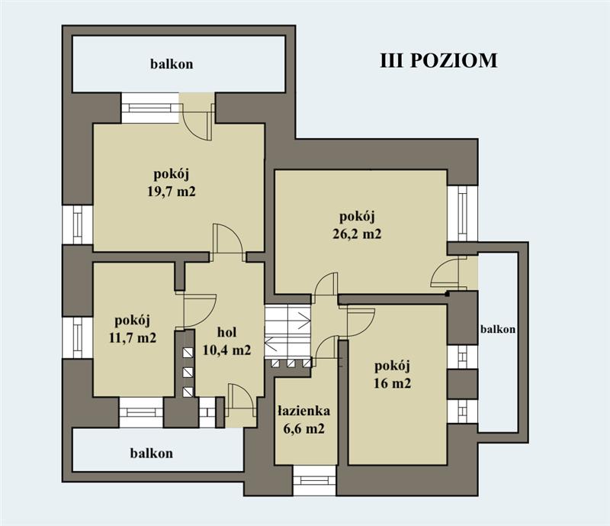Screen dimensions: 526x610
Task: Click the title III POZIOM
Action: [x=438, y=61]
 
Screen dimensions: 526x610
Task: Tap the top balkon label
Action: [x=171, y=64]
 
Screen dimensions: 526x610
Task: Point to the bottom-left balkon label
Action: [x=151, y=453]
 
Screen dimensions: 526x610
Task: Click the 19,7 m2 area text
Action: [x=172, y=192]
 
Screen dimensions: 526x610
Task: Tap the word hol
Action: [x=228, y=333]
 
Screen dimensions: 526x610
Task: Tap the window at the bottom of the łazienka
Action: [x=314, y=480]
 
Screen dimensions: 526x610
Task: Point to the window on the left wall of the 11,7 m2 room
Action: [x=78, y=337]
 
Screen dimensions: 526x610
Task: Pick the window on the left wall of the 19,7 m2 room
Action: [x=78, y=224]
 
